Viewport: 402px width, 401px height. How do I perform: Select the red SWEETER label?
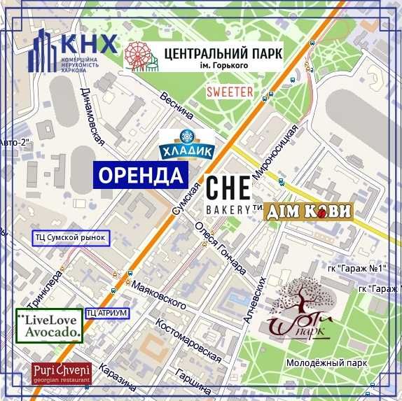[229, 92]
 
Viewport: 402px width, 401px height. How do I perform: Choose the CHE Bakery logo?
[228, 195]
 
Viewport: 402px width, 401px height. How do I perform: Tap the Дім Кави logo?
[309, 211]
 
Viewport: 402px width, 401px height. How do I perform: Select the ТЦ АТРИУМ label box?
[106, 313]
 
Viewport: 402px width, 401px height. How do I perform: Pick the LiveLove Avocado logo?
[48, 325]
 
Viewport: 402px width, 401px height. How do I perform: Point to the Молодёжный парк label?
[327, 364]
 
